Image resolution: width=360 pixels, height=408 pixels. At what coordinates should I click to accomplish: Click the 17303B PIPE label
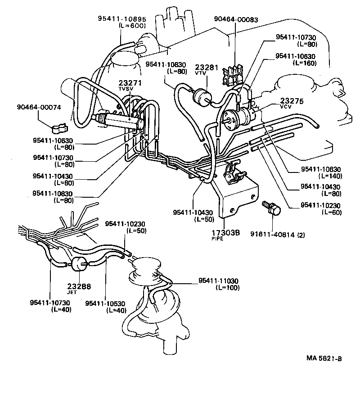pos(226,233)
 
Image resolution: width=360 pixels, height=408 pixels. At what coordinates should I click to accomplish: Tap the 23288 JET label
pos(79,288)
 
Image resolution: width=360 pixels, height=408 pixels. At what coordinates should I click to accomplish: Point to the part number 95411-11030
pos(218,281)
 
